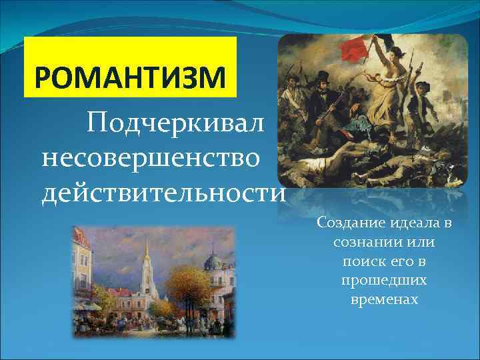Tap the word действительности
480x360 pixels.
(164, 193)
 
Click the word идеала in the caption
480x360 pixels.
(409, 222)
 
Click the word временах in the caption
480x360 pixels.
(384, 299)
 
